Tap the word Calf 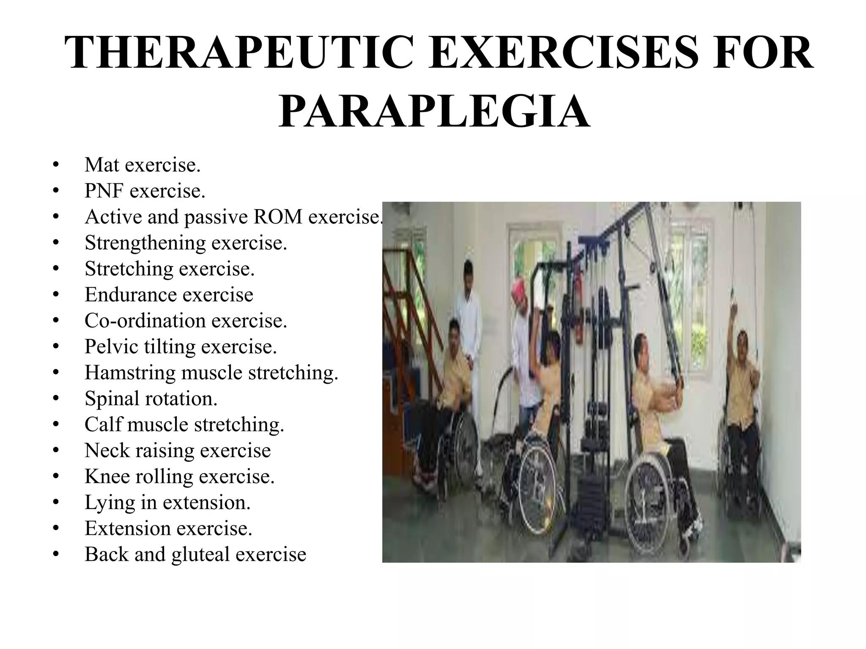(x=103, y=425)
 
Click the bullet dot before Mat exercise (x=55, y=165)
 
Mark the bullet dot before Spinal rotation (x=55, y=398)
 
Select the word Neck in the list (x=107, y=451)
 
